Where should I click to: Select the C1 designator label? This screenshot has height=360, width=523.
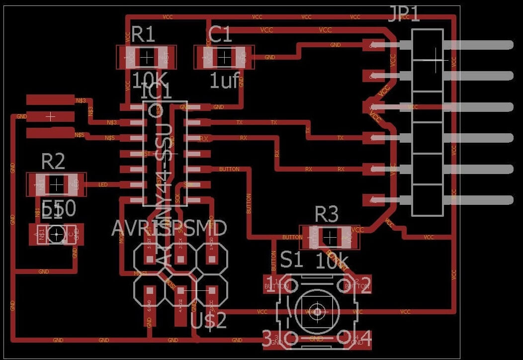[220, 35]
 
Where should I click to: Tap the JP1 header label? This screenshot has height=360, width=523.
[404, 14]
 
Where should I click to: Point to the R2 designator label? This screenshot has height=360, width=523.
[53, 162]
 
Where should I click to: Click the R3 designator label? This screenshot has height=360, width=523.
[327, 215]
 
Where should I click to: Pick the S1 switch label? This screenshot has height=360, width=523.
[291, 259]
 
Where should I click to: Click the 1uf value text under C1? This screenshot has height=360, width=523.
[225, 81]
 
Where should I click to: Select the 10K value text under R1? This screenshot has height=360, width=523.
[149, 80]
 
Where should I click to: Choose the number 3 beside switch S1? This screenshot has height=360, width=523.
[267, 339]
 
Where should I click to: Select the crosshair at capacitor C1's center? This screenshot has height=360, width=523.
[224, 58]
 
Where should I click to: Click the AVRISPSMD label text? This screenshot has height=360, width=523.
[169, 228]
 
